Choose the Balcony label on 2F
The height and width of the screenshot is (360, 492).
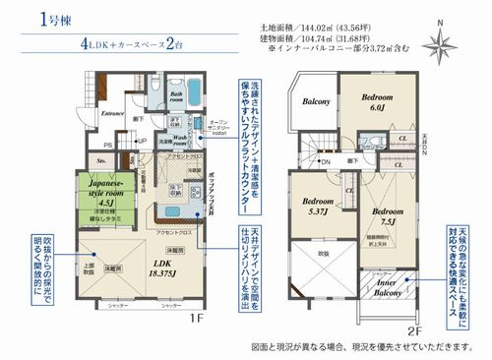point(316,101)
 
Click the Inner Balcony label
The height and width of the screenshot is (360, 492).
point(384,288)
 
